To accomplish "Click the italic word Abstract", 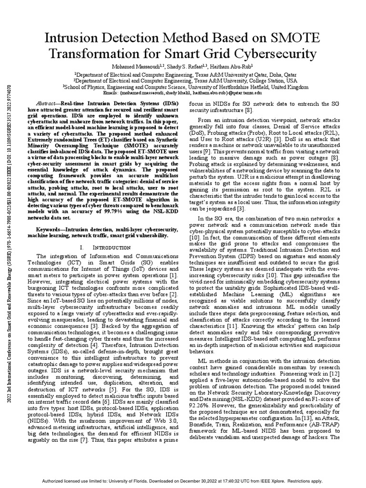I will coord(48,103).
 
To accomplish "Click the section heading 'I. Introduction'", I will coord(101,248).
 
